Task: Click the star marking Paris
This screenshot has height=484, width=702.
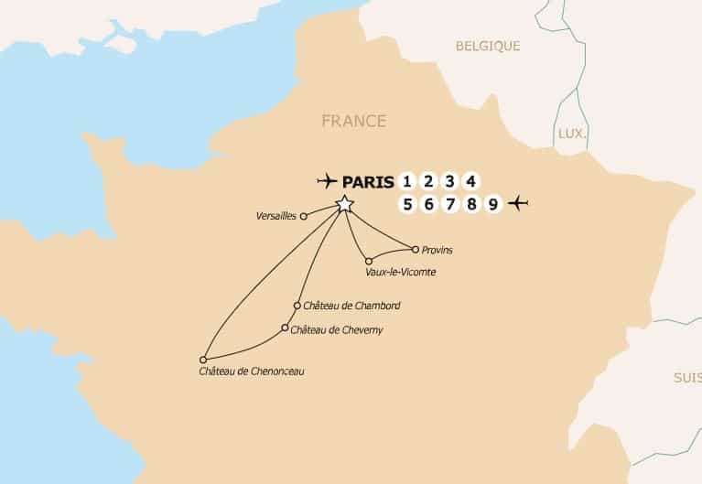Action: (344, 204)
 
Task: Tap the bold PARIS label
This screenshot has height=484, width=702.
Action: (368, 181)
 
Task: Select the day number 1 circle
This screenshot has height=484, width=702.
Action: (407, 180)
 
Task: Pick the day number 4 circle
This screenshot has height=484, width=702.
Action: (470, 180)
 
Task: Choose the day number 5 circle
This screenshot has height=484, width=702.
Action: (407, 204)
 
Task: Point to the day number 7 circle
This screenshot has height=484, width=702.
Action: (449, 204)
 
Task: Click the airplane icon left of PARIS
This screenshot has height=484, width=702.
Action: (327, 180)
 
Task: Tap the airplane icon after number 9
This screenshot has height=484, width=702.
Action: (520, 203)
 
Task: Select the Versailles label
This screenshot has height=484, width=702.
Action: (277, 217)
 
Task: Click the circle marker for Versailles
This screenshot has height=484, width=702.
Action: (304, 217)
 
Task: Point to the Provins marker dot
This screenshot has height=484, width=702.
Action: (416, 249)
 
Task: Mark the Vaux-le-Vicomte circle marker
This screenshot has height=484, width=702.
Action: (369, 260)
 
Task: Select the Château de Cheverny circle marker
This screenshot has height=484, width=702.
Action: (285, 328)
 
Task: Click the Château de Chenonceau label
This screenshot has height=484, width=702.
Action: (251, 371)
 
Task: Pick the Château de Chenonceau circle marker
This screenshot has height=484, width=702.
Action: (203, 360)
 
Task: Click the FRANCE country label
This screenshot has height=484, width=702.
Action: (353, 121)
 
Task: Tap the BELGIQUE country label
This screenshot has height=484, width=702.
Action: (488, 46)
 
